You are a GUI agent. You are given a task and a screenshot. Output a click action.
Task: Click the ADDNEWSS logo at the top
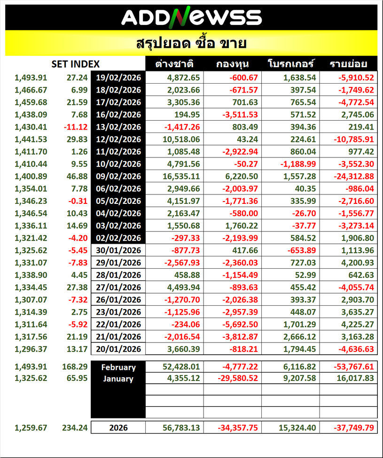[x=191, y=17]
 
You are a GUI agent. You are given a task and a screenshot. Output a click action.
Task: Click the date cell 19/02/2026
[x=118, y=78]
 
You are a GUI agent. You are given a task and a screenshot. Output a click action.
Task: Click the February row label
[x=118, y=367]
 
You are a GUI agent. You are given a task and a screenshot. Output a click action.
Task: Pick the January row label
[x=118, y=379]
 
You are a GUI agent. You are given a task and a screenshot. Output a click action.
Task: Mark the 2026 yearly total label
[x=118, y=428]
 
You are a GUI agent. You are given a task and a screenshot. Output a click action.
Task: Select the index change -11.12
[x=77, y=127]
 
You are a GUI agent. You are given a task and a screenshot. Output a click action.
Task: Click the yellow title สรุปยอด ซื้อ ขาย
[x=191, y=44]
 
